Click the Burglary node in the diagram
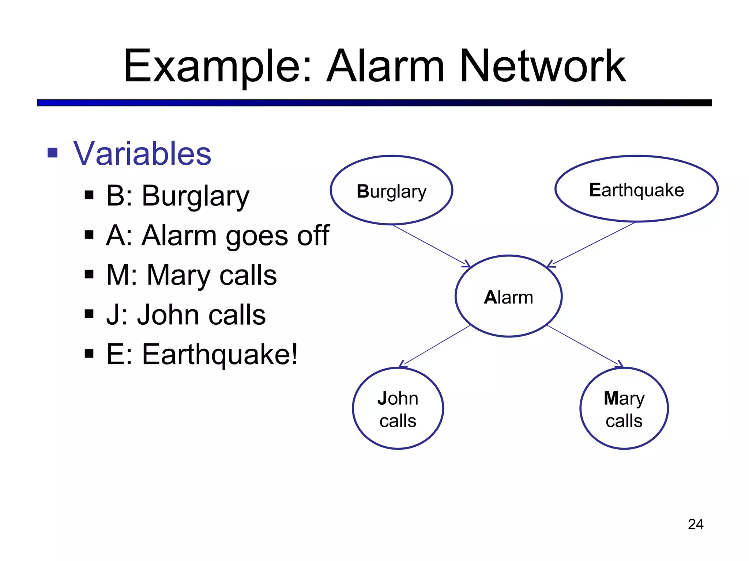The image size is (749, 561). pyautogui.click(x=391, y=190)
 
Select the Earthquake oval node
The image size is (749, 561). pyautogui.click(x=636, y=189)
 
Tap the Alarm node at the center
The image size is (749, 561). pyautogui.click(x=508, y=296)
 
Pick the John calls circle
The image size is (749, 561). pyautogui.click(x=398, y=408)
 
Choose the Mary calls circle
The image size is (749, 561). pyautogui.click(x=624, y=408)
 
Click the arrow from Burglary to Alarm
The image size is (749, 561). pyautogui.click(x=430, y=245)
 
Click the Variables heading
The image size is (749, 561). pyautogui.click(x=142, y=153)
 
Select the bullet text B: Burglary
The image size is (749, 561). pyautogui.click(x=177, y=196)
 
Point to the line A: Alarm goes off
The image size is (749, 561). pyautogui.click(x=218, y=236)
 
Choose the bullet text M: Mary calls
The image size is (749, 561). pyautogui.click(x=191, y=275)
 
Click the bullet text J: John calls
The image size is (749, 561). pyautogui.click(x=186, y=314)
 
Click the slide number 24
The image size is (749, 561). pyautogui.click(x=695, y=524)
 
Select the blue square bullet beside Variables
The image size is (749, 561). pyautogui.click(x=53, y=153)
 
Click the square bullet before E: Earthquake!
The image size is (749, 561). pyautogui.click(x=89, y=354)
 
